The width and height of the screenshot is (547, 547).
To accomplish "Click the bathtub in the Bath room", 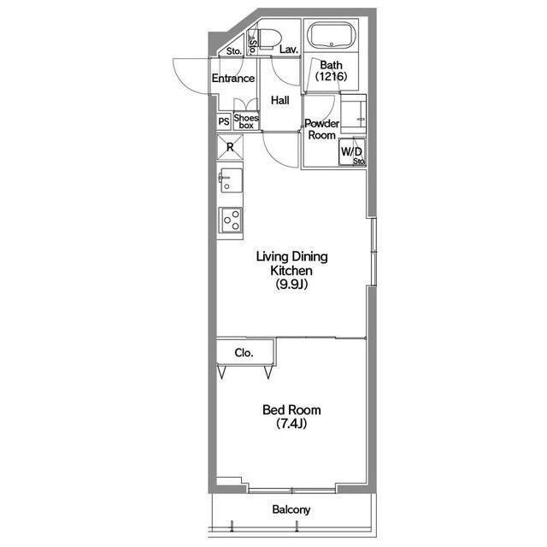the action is pos(331,35).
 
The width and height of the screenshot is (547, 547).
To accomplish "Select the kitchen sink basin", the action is pos(230,179).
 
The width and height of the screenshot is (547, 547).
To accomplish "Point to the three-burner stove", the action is pos(230,220).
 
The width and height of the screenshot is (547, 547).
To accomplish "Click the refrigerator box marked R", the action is pos(230,147).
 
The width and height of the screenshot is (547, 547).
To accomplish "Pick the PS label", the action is pos(224,121).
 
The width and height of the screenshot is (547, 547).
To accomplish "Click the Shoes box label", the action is pos(246,121).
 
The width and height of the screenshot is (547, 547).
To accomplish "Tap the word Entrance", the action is pos(233,78).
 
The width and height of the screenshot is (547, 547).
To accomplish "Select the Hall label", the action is pos(280,101).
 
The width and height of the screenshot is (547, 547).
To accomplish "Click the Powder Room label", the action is pos(321,129).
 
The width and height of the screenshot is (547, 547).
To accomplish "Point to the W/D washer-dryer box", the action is pos(352,152).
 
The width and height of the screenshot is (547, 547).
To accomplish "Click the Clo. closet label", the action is pos(244,353).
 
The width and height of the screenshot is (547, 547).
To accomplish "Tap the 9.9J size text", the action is pos(291,285).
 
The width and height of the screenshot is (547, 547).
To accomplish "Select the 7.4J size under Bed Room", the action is pos(291,424).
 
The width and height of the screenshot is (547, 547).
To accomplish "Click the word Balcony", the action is pos(291,509).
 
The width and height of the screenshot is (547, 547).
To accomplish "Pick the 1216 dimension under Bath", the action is pos(331,76).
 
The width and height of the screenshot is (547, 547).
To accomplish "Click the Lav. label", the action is pos(289,50).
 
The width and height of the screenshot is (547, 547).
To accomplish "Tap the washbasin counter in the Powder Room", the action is pos(353,114).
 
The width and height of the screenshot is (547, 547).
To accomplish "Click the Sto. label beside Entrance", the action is pos(234,51).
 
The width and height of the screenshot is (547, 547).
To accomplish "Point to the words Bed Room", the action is pos(291,409).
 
